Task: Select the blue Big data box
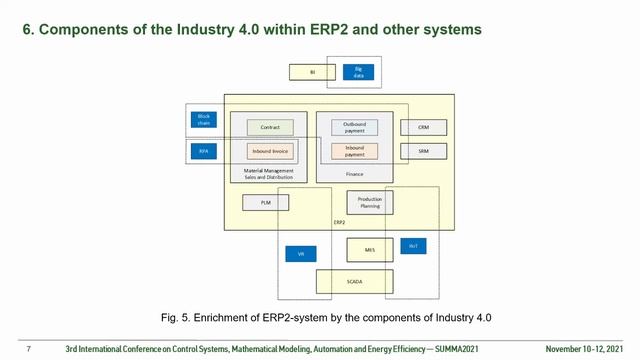[357, 72]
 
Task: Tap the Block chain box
[203, 120]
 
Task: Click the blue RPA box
[203, 152]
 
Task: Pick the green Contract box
[270, 128]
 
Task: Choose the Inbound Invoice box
[270, 152]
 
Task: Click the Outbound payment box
[355, 127]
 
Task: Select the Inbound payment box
[355, 152]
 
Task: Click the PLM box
[266, 203]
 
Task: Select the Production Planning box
[371, 203]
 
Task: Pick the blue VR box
[301, 255]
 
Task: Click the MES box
[370, 250]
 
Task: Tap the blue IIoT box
[414, 246]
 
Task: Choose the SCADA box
[355, 282]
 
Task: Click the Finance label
[354, 174]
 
